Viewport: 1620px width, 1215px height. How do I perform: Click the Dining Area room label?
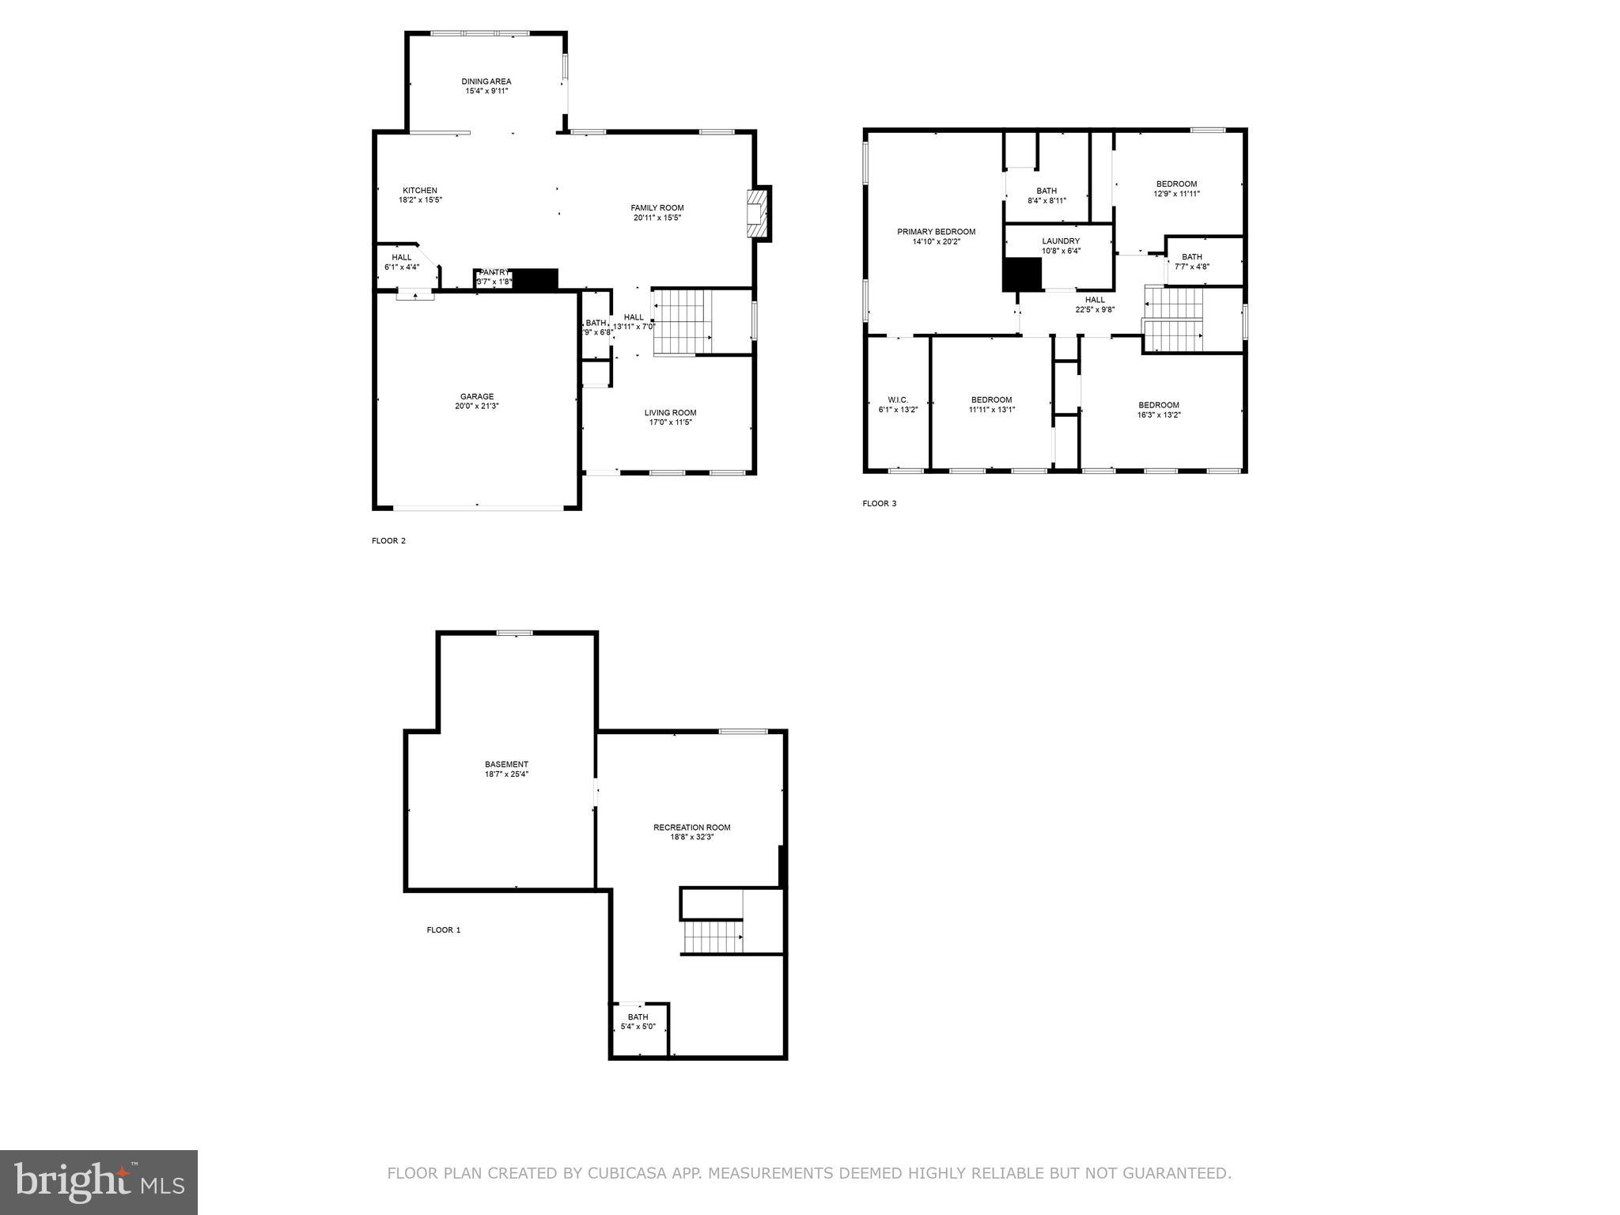coord(486,81)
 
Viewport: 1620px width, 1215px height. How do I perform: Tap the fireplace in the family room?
coord(758,212)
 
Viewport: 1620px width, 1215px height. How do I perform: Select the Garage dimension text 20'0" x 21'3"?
coord(477,407)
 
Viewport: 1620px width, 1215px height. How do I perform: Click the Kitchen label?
coord(420,191)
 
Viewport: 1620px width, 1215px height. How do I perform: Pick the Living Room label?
coord(670,413)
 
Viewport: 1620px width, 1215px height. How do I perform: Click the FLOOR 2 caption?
coord(388,541)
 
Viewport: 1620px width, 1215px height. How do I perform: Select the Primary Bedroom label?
coord(936,232)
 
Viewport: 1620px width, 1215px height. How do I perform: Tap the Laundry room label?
coord(1061,241)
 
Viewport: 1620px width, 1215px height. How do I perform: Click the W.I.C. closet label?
coord(898,400)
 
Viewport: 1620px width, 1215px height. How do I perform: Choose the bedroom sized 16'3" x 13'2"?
coord(1159,410)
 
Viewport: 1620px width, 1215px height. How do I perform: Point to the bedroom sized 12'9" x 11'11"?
coord(1176,188)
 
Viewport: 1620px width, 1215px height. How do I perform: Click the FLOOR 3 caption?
coord(880,503)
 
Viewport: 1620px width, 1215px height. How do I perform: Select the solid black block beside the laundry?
coord(1022,274)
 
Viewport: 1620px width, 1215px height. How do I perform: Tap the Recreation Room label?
coord(691,827)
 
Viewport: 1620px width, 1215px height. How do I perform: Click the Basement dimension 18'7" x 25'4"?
coord(506,774)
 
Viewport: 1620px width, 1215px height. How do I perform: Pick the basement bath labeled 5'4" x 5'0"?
coord(638,1022)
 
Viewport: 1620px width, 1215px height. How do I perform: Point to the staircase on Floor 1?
coord(713,937)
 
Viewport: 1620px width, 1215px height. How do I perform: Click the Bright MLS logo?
coord(99,1182)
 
